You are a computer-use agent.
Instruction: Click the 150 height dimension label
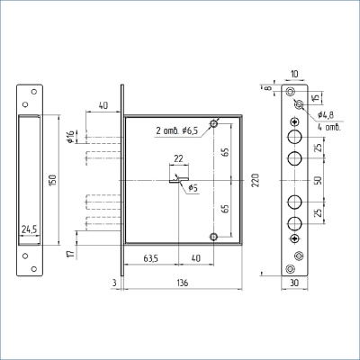click(x=53, y=180)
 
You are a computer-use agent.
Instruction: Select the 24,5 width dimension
click(x=29, y=229)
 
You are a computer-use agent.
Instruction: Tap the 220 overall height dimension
click(x=256, y=180)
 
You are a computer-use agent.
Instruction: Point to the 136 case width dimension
click(x=183, y=283)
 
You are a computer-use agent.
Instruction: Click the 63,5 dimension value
click(x=150, y=258)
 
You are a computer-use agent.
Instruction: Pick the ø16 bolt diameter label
click(x=70, y=137)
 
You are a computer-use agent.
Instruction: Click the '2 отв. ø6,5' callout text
click(x=177, y=130)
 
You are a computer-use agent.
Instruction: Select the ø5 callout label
click(x=193, y=188)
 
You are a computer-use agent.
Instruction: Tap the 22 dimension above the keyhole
click(x=178, y=158)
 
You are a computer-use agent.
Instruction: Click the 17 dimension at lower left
click(x=71, y=254)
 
